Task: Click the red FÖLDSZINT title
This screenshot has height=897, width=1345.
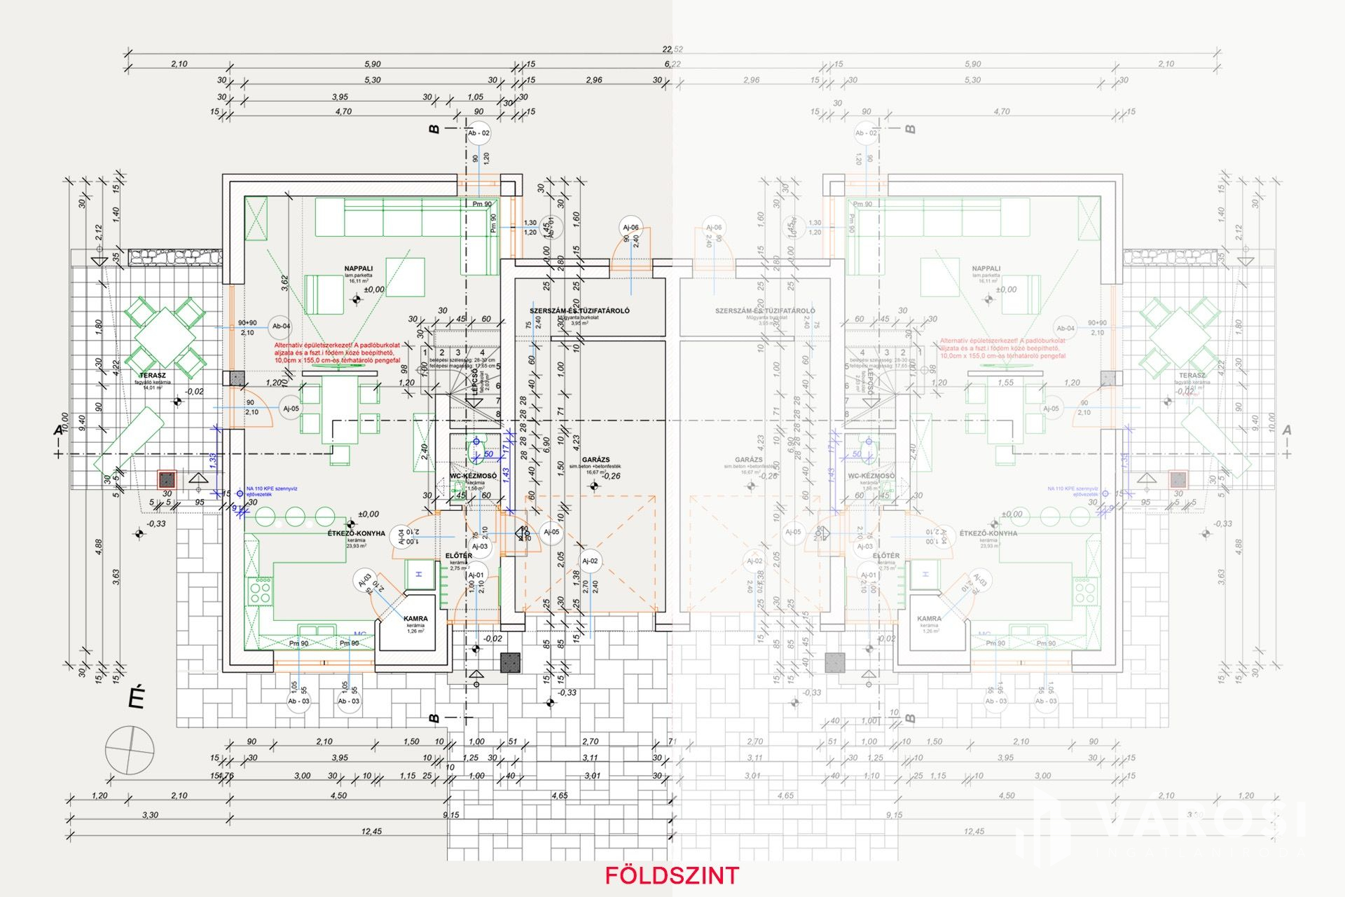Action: click(x=672, y=875)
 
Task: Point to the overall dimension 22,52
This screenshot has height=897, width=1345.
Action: click(x=672, y=49)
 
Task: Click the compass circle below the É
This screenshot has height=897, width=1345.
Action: click(x=130, y=751)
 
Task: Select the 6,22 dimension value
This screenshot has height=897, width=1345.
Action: click(x=672, y=64)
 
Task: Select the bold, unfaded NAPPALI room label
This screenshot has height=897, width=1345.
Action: click(x=358, y=268)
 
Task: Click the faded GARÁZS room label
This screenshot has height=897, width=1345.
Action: click(x=749, y=460)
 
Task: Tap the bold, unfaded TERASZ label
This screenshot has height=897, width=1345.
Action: click(x=152, y=376)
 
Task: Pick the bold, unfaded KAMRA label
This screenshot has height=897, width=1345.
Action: click(x=415, y=619)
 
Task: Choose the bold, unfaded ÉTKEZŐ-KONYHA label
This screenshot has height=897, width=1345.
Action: click(x=356, y=533)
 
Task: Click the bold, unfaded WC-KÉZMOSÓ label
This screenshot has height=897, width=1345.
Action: click(x=473, y=476)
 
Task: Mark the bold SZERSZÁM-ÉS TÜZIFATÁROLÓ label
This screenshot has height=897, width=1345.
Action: click(x=579, y=310)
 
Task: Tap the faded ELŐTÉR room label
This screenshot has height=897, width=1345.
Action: click(x=886, y=556)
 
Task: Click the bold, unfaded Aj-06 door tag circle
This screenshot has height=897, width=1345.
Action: click(x=630, y=227)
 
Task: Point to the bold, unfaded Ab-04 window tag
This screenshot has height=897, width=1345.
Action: click(x=281, y=326)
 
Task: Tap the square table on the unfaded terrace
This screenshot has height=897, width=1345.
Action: click(x=165, y=336)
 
